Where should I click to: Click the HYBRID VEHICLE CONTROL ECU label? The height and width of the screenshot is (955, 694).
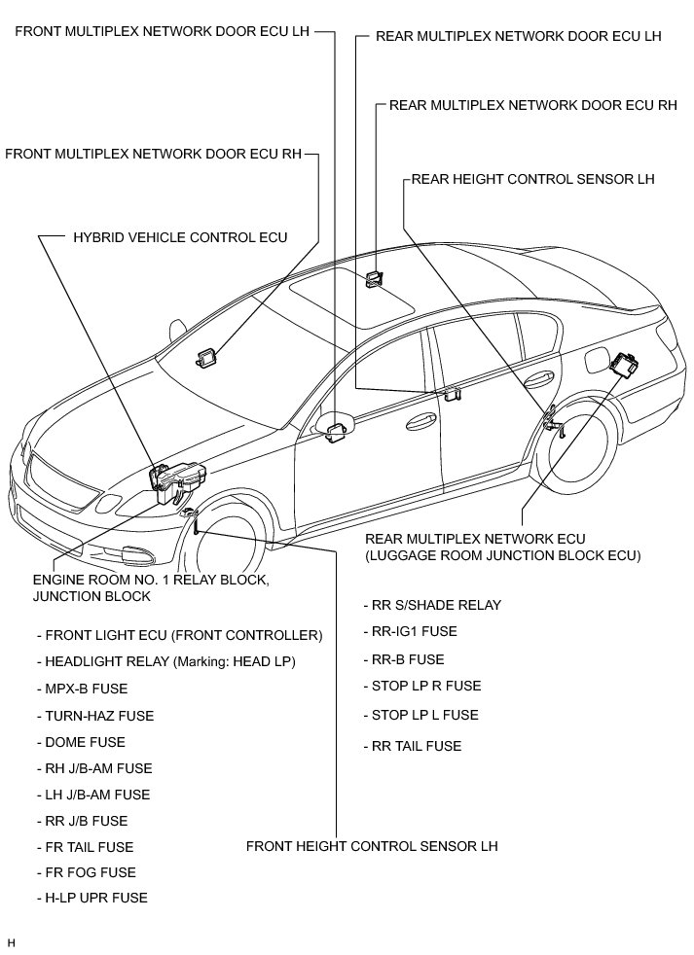click(x=180, y=237)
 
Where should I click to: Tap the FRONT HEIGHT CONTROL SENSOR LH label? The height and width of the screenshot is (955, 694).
click(x=372, y=846)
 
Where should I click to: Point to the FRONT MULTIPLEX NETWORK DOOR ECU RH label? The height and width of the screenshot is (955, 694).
click(x=154, y=154)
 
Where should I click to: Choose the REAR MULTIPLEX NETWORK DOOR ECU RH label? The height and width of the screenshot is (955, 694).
click(x=532, y=105)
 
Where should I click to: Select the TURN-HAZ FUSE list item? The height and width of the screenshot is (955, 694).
click(x=98, y=716)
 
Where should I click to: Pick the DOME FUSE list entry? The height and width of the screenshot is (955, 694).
click(x=85, y=742)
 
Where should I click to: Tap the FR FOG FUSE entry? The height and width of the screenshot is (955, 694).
click(x=90, y=872)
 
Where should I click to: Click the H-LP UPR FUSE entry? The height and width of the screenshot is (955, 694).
click(x=95, y=898)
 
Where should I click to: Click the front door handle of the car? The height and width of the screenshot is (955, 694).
click(x=420, y=420)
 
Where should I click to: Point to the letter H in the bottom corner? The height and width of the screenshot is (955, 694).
click(x=12, y=942)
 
